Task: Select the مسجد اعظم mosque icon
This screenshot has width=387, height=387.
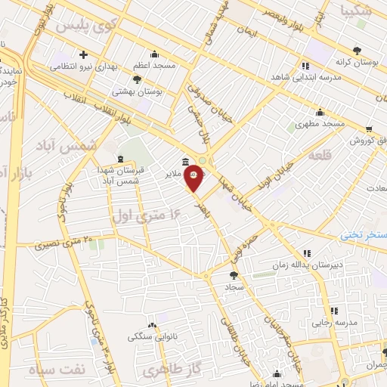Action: pos(155,54)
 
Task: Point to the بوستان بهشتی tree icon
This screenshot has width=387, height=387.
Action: pos(136,79)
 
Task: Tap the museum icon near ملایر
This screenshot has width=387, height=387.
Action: pos(186,162)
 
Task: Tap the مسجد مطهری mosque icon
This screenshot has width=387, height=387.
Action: pos(320,112)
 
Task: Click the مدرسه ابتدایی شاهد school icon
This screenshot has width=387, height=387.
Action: pos(306,65)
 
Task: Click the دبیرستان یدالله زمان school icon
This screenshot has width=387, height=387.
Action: pos(307,253)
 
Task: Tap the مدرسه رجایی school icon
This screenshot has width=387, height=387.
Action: pos(333,310)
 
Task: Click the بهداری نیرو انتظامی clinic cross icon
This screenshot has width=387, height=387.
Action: pos(83,54)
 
